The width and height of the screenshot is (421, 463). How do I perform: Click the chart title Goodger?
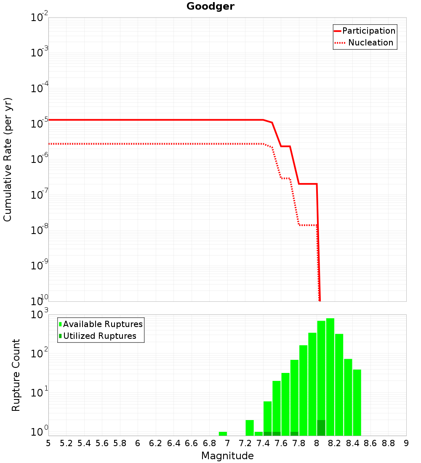pyautogui.click(x=210, y=6)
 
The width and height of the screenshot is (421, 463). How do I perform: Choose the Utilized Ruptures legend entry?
pyautogui.click(x=99, y=336)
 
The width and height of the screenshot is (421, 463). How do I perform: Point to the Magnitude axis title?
pyautogui.click(x=227, y=456)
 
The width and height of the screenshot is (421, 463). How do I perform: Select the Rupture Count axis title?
pyautogui.click(x=16, y=375)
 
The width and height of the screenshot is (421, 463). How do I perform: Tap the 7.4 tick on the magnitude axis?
pyautogui.click(x=263, y=443)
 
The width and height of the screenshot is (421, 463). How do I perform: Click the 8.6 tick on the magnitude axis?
pyautogui.click(x=370, y=443)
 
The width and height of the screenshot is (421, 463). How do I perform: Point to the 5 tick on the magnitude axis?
pyautogui.click(x=48, y=443)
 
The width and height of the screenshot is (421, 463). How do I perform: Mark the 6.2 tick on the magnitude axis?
pyautogui.click(x=156, y=443)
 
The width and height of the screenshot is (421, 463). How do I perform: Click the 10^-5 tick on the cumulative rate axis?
pyautogui.click(x=39, y=124)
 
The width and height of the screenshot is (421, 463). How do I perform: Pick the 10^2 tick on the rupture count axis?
pyautogui.click(x=39, y=354)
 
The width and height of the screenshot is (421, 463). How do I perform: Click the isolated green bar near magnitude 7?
pyautogui.click(x=223, y=434)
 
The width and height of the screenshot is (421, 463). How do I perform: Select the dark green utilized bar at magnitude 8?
pyautogui.click(x=321, y=428)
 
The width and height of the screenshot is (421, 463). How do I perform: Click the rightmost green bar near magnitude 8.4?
pyautogui.click(x=357, y=402)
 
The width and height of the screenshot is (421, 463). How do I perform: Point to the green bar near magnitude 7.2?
pyautogui.click(x=250, y=428)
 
